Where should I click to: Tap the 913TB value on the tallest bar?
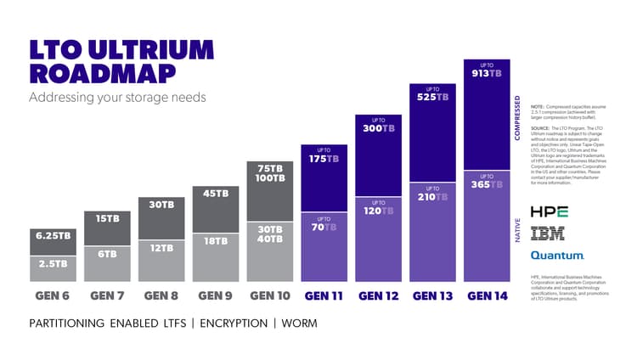[486, 74]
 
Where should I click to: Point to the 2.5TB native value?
[52, 263]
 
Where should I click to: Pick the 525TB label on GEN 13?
[431, 97]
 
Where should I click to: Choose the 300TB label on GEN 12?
[378, 128]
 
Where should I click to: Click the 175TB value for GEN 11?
[324, 159]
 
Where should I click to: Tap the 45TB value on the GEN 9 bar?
[216, 193]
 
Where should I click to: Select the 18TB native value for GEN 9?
[216, 241]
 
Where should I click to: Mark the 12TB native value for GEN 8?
[161, 248]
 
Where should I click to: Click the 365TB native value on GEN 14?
[486, 184]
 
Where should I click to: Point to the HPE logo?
[549, 211]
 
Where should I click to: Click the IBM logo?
[547, 233]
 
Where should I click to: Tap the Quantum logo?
[557, 255]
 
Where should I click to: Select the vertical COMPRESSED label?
[518, 118]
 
